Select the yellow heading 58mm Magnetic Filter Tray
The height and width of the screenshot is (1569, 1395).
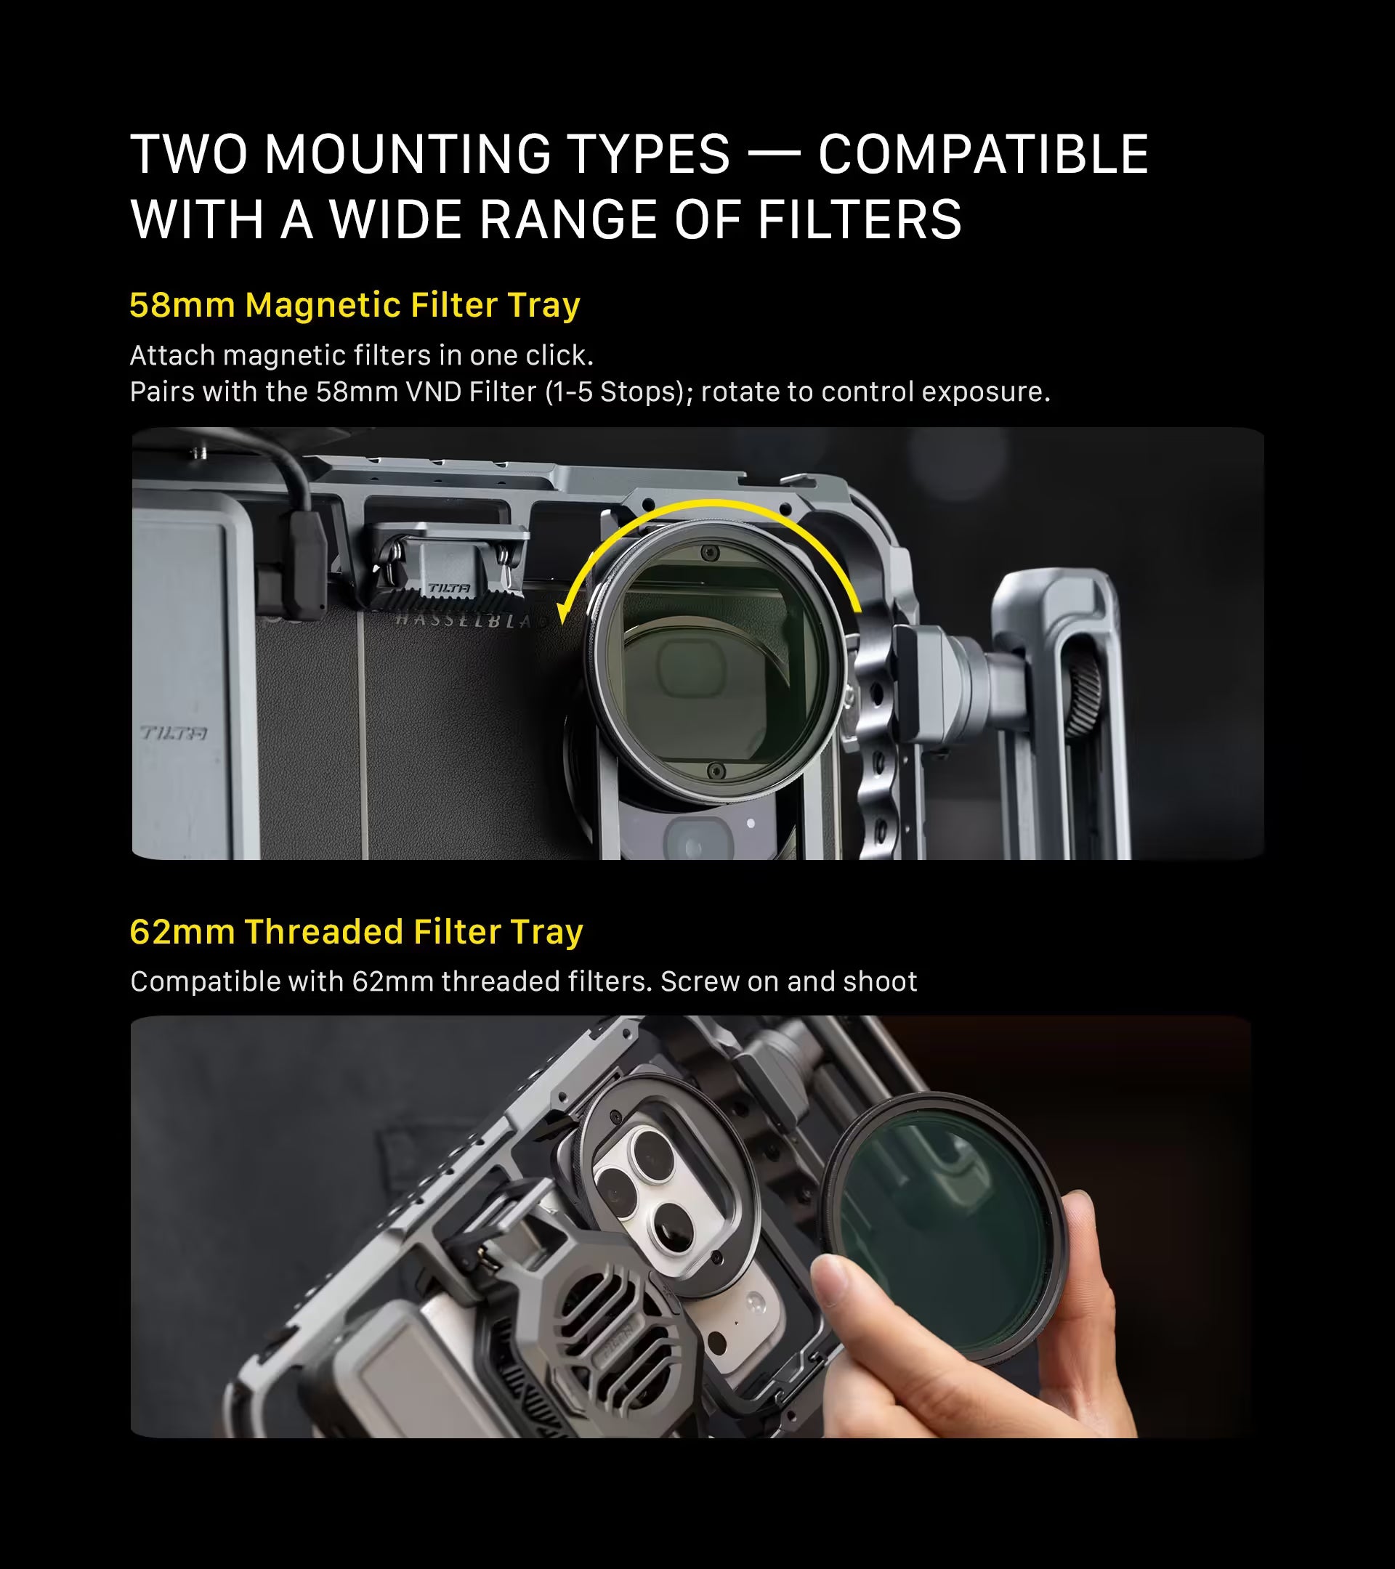pos(355,305)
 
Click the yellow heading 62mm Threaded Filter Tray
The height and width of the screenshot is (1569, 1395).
pos(356,931)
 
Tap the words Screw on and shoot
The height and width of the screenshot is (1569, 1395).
pos(788,981)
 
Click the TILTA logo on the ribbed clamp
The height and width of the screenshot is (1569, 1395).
pos(449,588)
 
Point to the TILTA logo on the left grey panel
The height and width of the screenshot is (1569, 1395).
pos(174,733)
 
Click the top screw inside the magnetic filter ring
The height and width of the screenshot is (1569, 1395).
pos(711,552)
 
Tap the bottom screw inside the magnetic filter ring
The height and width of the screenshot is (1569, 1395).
pos(716,770)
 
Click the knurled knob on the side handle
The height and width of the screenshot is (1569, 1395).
pos(1083,690)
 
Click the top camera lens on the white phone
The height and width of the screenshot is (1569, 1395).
pos(652,1150)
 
